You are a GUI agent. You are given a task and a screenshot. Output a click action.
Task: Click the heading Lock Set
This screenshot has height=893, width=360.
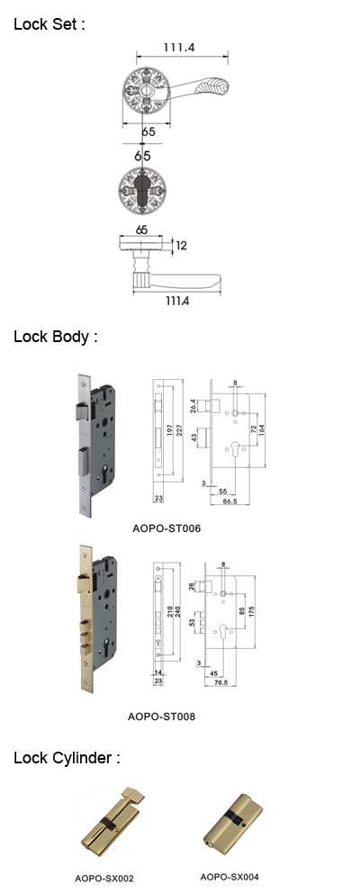coord(49,24)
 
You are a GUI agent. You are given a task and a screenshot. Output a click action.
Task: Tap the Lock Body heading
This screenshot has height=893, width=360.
coord(55,337)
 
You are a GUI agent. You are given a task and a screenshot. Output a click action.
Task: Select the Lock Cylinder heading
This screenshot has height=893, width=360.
coord(67,759)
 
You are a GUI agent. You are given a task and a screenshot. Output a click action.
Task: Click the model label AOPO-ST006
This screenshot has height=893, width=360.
coord(166,528)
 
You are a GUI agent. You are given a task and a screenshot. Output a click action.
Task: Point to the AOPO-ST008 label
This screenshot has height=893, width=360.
coord(161,717)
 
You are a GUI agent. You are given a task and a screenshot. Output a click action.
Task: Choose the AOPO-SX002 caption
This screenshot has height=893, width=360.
coord(104,879)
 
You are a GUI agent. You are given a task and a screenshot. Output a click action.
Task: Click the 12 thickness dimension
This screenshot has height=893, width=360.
coord(181,246)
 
